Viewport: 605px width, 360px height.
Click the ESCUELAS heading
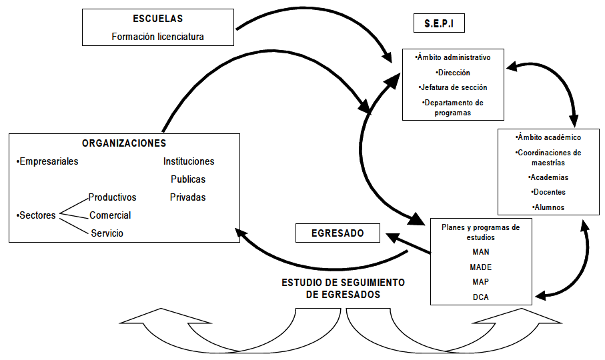(x=157, y=19)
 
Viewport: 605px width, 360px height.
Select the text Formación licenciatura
(x=157, y=37)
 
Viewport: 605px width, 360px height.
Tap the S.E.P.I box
(x=439, y=24)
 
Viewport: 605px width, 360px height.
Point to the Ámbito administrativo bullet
(x=453, y=57)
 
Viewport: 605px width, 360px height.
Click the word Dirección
(x=453, y=72)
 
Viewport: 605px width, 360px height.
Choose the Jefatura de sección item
(x=453, y=87)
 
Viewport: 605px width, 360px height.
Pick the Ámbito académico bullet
(x=549, y=137)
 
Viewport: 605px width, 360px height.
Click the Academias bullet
(x=549, y=177)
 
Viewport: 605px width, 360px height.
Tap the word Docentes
(x=549, y=192)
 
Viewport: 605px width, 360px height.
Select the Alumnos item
(x=549, y=207)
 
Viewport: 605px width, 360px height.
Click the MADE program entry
(x=480, y=267)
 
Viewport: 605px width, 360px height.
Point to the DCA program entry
(x=480, y=297)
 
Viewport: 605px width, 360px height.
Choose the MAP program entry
(x=480, y=281)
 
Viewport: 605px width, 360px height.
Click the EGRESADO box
(x=338, y=233)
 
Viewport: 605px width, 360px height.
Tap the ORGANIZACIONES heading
(x=124, y=143)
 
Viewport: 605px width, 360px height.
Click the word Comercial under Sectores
(x=110, y=215)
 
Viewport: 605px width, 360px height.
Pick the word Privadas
(x=188, y=197)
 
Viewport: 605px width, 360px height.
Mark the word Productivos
(x=112, y=197)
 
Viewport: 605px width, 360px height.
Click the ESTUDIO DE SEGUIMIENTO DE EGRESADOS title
(x=343, y=288)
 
